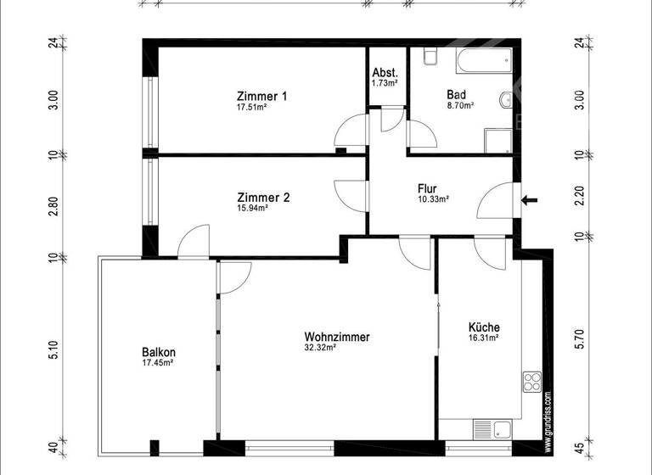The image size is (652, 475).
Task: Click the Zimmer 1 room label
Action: [x=261, y=97]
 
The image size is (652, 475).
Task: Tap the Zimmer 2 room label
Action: [x=263, y=198]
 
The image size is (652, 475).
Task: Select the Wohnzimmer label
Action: [x=337, y=337]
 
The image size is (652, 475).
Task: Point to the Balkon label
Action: [x=159, y=353]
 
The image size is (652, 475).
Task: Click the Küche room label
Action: [x=484, y=327]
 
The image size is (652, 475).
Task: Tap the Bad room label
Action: [x=460, y=96]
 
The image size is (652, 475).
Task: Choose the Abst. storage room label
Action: [x=385, y=73]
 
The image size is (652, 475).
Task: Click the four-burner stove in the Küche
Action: [x=532, y=382]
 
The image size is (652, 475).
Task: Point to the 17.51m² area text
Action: [x=252, y=108]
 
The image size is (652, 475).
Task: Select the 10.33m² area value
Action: [x=433, y=199]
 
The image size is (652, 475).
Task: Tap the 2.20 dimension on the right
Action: [x=581, y=197]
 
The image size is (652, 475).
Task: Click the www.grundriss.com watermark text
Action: [x=548, y=416]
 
